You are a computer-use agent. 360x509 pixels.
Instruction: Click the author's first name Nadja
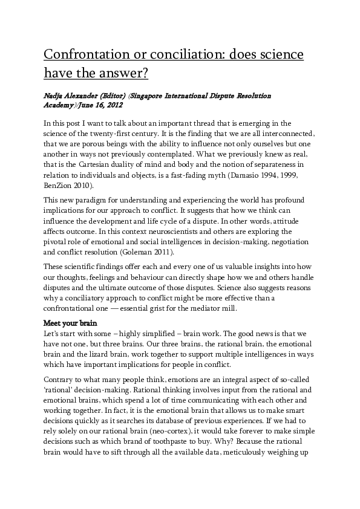tap(56, 96)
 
